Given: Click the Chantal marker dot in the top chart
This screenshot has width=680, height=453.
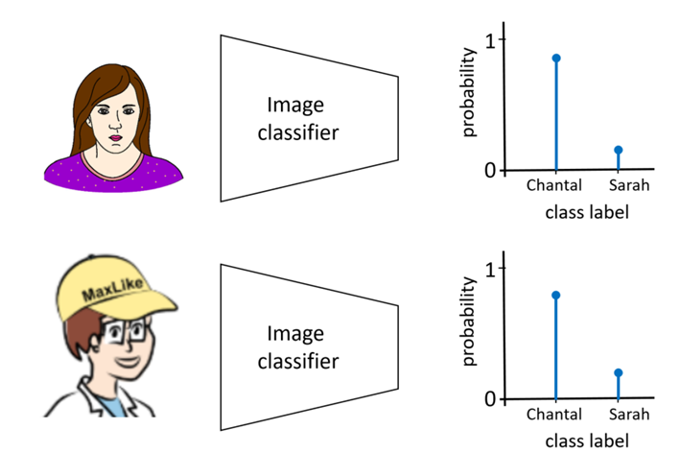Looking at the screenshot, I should click(556, 59).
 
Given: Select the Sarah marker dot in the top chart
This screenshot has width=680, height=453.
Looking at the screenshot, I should click(619, 150).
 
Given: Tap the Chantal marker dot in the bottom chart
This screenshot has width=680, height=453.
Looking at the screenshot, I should click(556, 295).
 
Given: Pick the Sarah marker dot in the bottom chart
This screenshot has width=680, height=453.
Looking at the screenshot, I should click(619, 372).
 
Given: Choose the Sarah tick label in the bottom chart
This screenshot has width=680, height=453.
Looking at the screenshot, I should click(628, 416).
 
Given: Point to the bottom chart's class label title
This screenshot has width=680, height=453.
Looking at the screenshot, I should click(587, 441).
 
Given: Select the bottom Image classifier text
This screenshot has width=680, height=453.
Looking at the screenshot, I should click(297, 347).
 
